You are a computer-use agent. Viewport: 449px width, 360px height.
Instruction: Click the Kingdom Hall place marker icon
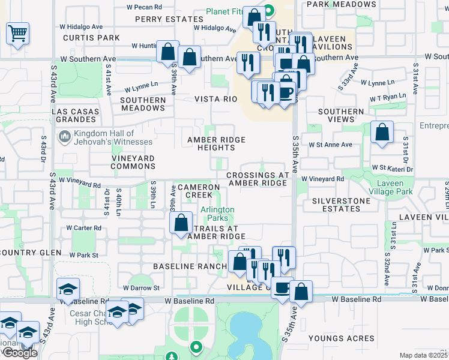coord(64,137)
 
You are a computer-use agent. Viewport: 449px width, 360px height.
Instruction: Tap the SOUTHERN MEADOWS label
coord(143,104)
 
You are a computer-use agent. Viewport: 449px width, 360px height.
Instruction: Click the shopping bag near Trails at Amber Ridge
coord(181,223)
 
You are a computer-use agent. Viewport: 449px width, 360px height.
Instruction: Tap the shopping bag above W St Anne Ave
coord(382,133)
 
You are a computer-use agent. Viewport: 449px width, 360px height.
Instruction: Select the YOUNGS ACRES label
coord(341,338)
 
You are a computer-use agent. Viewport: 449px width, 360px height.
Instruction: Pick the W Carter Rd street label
coord(83,228)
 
